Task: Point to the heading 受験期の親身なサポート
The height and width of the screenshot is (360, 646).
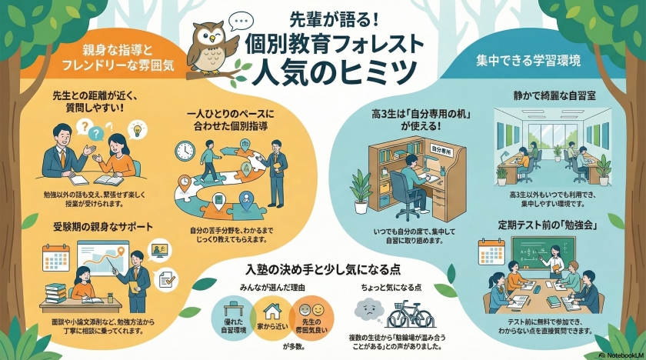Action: click(x=89, y=228)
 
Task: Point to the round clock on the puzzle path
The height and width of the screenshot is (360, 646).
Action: click(x=188, y=149)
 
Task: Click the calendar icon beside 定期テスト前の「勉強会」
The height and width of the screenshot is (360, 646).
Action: click(x=490, y=252)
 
